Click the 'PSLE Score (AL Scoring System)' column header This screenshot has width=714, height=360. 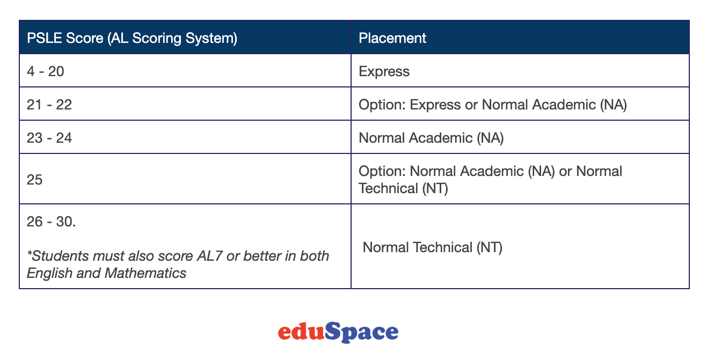(x=132, y=38)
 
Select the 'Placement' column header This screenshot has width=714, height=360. (x=392, y=38)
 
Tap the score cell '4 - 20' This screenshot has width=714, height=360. (x=46, y=71)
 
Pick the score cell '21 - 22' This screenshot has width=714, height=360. (x=49, y=105)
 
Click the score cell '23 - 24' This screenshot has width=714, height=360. (x=49, y=138)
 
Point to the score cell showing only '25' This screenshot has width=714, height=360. (x=35, y=180)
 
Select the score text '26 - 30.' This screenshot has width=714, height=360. (x=52, y=221)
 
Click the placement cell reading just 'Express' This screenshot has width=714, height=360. (x=384, y=71)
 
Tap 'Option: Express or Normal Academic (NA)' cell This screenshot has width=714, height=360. (x=493, y=105)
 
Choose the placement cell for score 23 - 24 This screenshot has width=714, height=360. (x=431, y=138)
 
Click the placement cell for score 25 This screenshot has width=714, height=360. (x=490, y=180)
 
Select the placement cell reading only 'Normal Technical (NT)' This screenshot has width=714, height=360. (x=433, y=247)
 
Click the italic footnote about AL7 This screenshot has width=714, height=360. (x=178, y=264)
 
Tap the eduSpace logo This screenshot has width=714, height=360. (x=338, y=332)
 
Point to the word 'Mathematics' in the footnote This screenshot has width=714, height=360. (x=145, y=273)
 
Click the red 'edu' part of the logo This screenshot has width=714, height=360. (x=302, y=332)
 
